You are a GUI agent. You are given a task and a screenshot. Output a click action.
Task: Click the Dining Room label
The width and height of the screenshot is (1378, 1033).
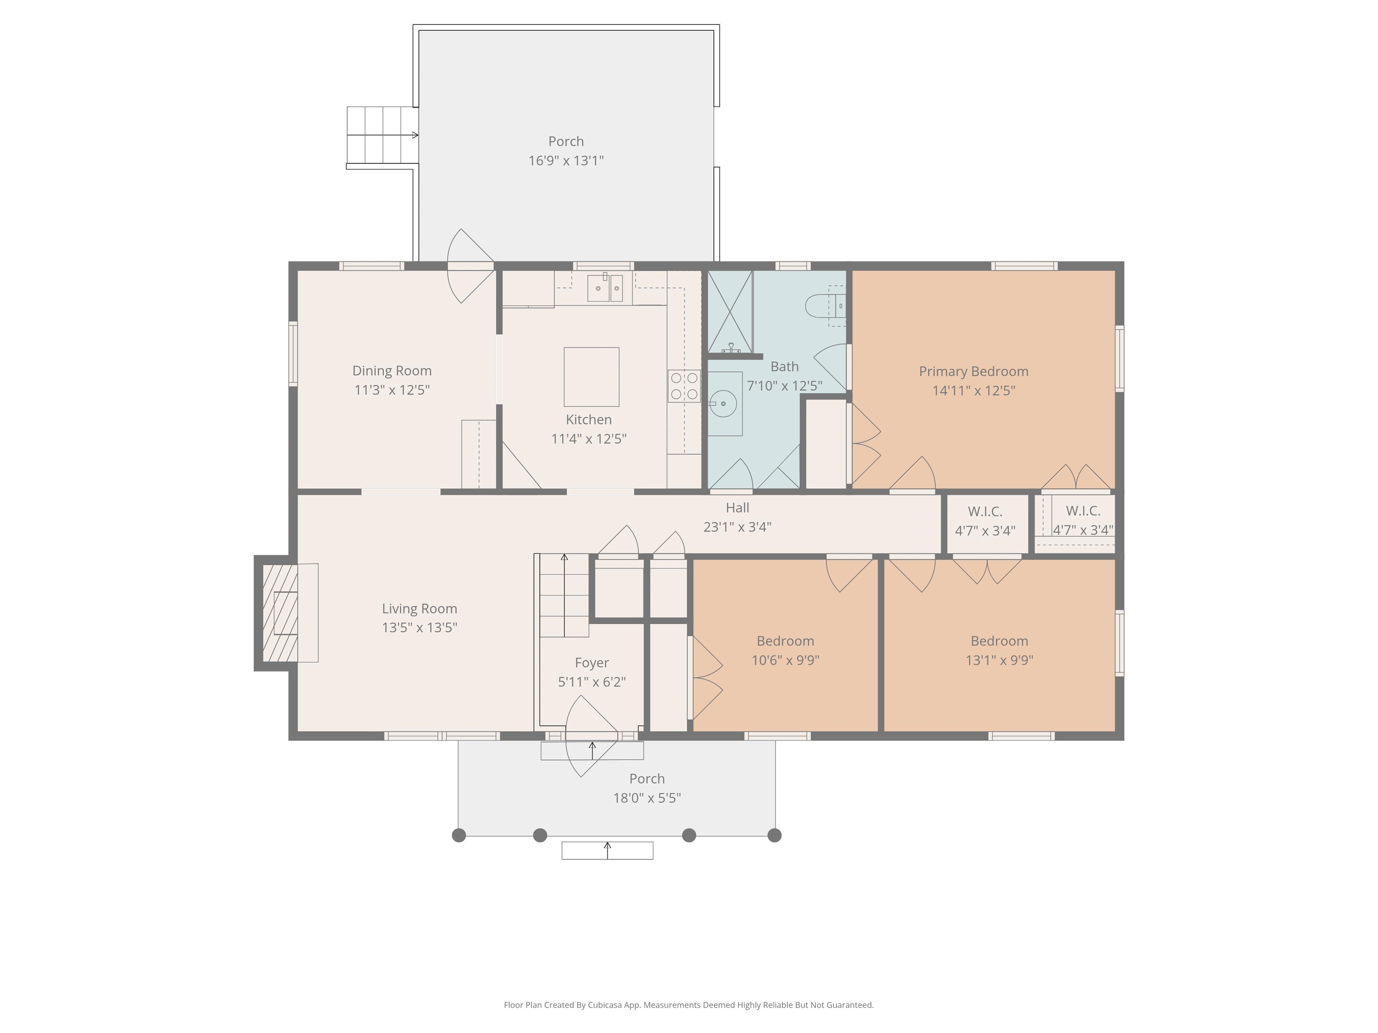click(x=392, y=370)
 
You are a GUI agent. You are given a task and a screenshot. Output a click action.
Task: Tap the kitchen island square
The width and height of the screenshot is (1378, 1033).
click(x=591, y=377)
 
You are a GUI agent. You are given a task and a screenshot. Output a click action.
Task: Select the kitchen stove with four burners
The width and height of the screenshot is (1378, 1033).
click(x=684, y=386)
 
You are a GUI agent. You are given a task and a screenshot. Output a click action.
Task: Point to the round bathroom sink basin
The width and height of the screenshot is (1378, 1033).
click(x=723, y=404)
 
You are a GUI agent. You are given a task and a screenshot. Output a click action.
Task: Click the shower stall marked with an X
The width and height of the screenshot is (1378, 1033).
click(x=729, y=311)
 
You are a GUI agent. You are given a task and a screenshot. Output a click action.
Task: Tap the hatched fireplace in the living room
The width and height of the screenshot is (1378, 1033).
click(x=280, y=613)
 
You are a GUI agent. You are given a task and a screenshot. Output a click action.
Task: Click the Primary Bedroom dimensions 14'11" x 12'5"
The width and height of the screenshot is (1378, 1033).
click(x=974, y=391)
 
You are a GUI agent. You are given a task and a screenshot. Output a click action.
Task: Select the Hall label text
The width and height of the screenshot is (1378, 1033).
click(x=737, y=508)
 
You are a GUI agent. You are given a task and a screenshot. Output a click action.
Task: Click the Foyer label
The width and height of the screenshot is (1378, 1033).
click(x=592, y=663)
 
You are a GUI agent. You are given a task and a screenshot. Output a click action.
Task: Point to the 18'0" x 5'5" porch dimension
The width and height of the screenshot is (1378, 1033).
click(x=647, y=798)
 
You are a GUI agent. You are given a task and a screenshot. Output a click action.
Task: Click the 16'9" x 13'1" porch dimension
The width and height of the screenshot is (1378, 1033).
click(x=566, y=161)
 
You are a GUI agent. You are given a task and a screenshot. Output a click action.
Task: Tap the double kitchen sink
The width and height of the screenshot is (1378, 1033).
click(x=605, y=288)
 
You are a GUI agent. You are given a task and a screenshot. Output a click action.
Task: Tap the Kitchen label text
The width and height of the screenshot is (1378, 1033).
click(x=589, y=419)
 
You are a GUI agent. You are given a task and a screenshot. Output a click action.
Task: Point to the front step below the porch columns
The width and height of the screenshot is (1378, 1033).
click(x=607, y=851)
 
